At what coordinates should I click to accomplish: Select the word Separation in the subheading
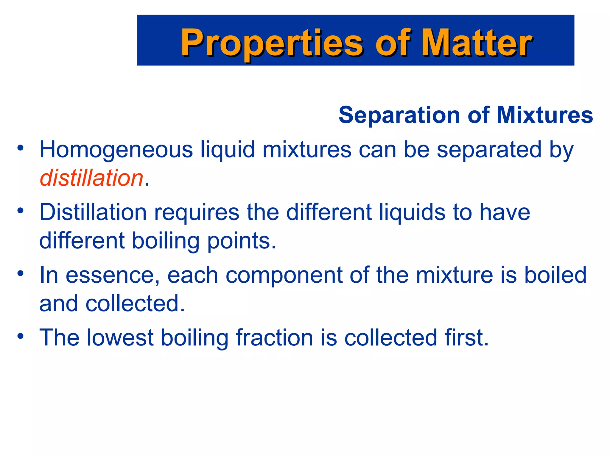point(399,115)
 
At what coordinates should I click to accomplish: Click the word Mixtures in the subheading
point(545,115)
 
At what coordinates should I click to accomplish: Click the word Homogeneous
point(116,150)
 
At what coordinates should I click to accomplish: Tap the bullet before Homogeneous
point(20,148)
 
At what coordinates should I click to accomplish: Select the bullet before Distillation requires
point(20,211)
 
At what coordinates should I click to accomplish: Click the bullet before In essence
point(20,273)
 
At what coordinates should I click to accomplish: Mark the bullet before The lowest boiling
point(20,336)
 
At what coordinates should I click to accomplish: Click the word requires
point(197,212)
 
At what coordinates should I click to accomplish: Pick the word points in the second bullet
point(242,241)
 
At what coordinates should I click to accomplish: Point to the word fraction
point(274,338)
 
